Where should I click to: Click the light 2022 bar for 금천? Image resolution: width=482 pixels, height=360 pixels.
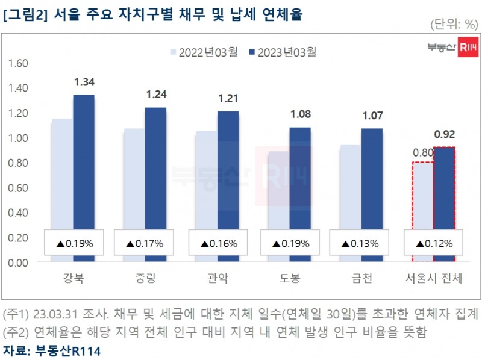pyautogui.click(x=350, y=187)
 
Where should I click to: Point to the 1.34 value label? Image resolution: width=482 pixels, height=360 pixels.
pyautogui.click(x=84, y=82)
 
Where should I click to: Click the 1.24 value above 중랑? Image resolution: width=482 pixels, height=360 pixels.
pyautogui.click(x=155, y=95)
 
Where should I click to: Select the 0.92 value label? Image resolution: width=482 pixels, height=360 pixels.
pyautogui.click(x=444, y=134)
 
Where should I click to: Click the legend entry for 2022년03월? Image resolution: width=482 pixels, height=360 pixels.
pyautogui.click(x=201, y=52)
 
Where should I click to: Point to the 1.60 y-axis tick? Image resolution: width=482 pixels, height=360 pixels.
pyautogui.click(x=19, y=63)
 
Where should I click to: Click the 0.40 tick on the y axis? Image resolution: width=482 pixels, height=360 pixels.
pyautogui.click(x=19, y=213)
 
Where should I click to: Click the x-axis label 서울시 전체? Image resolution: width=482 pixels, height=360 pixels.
pyautogui.click(x=433, y=279)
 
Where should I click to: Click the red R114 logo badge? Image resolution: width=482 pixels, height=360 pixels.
pyautogui.click(x=468, y=48)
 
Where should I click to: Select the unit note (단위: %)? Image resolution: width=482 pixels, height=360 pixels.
pyautogui.click(x=454, y=24)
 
